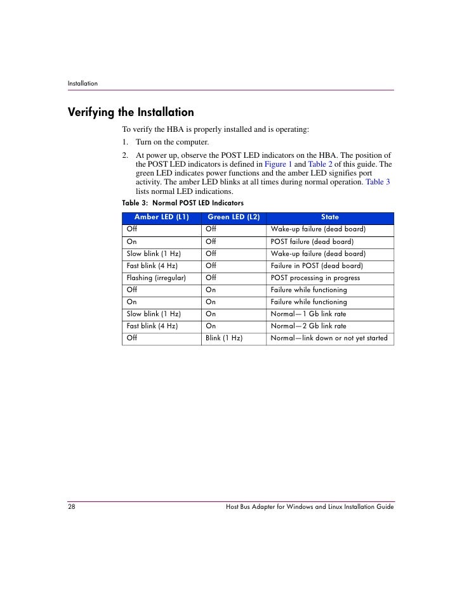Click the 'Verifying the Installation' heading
click(x=131, y=113)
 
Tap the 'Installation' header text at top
click(x=82, y=83)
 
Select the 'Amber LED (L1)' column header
click(x=162, y=217)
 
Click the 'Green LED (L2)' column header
click(x=234, y=217)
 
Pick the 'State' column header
click(x=330, y=217)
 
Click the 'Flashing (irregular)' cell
click(x=156, y=278)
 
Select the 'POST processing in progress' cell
click(x=315, y=278)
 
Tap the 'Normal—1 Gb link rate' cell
click(x=308, y=314)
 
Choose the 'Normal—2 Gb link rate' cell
click(x=308, y=326)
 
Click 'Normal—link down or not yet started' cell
click(x=329, y=338)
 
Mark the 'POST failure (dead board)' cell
click(x=312, y=241)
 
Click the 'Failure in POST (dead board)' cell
click(x=317, y=266)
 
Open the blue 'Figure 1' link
click(x=279, y=164)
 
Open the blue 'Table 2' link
click(x=320, y=164)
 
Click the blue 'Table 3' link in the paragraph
click(x=378, y=182)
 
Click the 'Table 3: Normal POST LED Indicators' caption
click(x=183, y=203)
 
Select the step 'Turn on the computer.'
click(x=172, y=142)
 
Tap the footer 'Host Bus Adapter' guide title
click(x=310, y=508)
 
